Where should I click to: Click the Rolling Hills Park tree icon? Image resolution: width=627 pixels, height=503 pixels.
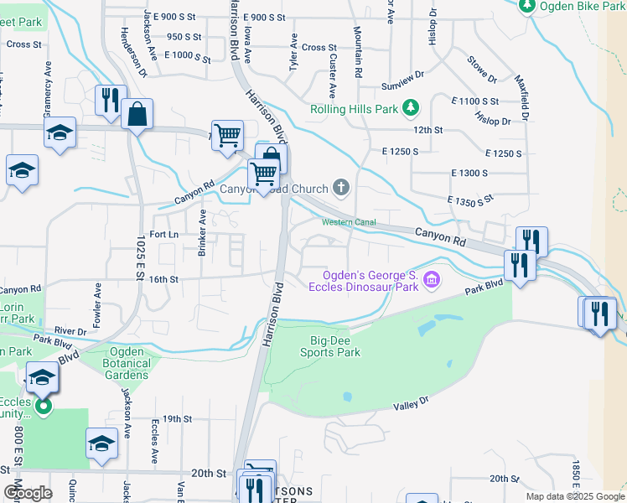(411, 107)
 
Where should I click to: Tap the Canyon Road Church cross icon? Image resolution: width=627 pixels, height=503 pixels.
(340, 187)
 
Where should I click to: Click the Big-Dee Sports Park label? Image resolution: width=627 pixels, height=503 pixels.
(335, 346)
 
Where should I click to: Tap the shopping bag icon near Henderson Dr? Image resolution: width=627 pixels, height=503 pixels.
(137, 114)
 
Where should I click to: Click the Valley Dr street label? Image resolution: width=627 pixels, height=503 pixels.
(412, 405)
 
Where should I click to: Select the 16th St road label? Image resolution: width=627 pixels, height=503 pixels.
(163, 279)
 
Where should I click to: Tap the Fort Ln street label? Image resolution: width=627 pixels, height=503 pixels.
(164, 234)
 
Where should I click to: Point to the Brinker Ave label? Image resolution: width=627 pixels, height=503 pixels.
(202, 244)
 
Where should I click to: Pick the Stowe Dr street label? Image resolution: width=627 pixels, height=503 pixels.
(482, 70)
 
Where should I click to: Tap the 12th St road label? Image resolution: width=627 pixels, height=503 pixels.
(427, 130)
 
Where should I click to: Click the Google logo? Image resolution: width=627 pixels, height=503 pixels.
(28, 493)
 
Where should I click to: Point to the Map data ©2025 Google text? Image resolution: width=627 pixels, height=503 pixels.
(574, 496)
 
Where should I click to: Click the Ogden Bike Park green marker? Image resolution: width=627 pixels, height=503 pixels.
(526, 7)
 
